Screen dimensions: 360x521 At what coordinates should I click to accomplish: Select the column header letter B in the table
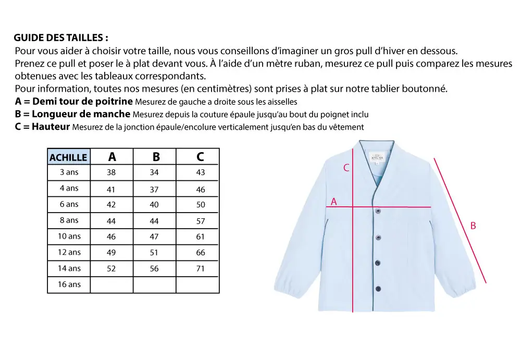156,157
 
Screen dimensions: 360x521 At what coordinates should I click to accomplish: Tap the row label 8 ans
69,220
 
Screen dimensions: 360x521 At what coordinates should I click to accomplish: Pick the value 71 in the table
201,269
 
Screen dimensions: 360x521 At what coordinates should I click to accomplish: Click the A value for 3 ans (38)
111,172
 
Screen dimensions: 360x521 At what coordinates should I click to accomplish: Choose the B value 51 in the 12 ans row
154,253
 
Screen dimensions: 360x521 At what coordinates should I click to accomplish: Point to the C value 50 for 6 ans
201,205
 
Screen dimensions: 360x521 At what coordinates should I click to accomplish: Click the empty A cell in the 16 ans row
111,285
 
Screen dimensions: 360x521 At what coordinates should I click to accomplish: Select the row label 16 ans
69,284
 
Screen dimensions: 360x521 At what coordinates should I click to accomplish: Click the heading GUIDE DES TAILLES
61,39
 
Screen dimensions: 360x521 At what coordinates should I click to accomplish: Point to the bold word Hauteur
51,127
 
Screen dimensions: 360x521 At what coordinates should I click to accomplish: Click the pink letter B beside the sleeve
473,226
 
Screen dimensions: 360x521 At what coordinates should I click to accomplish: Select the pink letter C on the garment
345,168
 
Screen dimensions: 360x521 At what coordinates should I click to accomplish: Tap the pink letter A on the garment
334,201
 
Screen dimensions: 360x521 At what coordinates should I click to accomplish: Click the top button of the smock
378,211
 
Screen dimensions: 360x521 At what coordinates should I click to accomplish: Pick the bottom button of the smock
378,288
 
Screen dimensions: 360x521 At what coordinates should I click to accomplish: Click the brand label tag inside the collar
376,157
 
